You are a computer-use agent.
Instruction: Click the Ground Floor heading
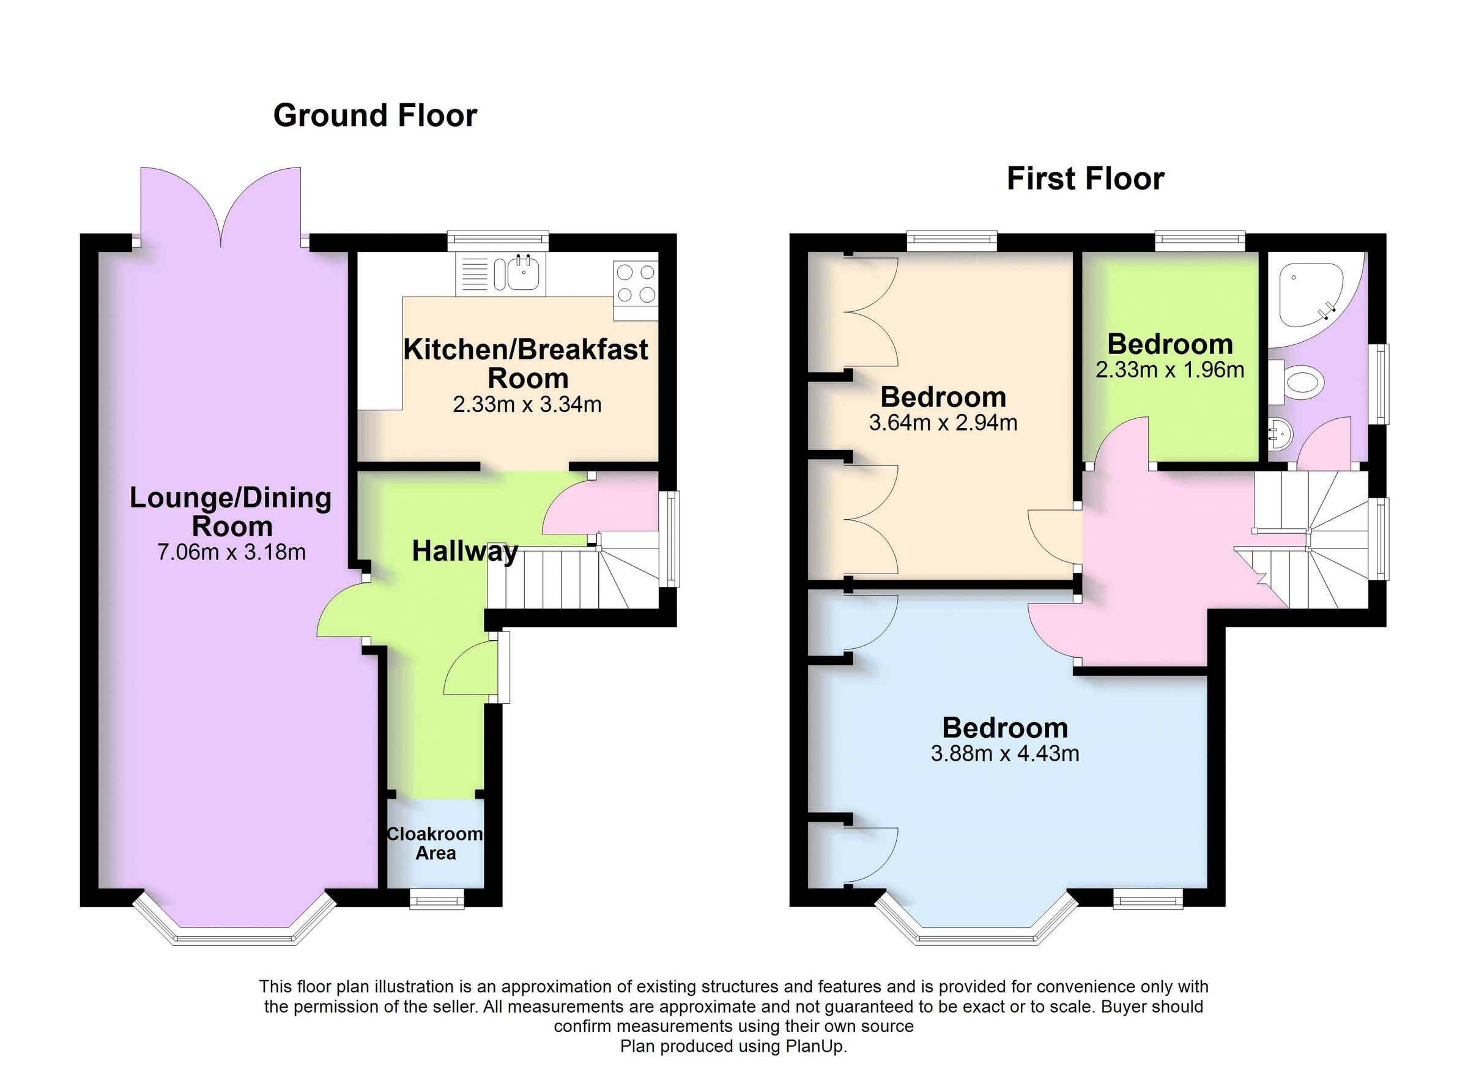pos(375,116)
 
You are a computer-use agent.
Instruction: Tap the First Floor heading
pos(1085,179)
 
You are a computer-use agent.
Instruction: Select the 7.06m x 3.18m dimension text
pos(231,552)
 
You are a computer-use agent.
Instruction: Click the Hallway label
pos(465,552)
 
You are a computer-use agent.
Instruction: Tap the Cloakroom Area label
pos(435,843)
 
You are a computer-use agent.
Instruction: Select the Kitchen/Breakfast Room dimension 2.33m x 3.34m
pos(527,404)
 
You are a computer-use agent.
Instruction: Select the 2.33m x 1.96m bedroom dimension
pos(1170,370)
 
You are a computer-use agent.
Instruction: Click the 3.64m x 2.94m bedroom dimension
pos(943,423)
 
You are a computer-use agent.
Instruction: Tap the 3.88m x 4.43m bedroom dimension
pos(1004,753)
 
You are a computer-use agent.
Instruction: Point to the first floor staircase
pos(1314,544)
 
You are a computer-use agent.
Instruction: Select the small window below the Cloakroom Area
pos(437,899)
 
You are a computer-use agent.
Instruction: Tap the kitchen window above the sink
pos(498,240)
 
